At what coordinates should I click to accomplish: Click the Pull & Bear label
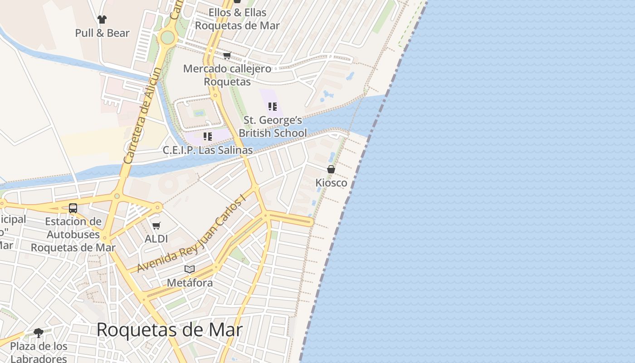point(102,33)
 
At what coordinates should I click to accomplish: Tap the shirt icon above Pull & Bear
point(102,20)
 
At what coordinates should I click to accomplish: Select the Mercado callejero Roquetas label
point(227,75)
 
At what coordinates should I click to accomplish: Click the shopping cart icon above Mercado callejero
point(227,56)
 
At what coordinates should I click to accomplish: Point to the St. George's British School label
point(273,127)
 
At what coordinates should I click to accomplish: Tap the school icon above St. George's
point(273,107)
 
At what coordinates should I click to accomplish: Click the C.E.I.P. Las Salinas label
point(208,150)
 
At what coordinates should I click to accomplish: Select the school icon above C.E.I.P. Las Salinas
point(208,136)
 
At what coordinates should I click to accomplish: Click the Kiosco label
point(331,183)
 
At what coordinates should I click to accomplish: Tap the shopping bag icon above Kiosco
point(331,169)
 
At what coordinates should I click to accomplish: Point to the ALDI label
point(156,239)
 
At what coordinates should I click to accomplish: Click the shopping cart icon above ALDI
point(156,226)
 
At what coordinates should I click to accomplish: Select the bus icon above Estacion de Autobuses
point(73,208)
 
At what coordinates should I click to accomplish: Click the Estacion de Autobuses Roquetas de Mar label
point(73,235)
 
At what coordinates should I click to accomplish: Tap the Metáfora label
point(190,283)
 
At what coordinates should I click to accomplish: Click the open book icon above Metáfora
point(190,269)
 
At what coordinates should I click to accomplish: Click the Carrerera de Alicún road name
point(142,116)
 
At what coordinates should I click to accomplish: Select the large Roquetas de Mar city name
point(169,330)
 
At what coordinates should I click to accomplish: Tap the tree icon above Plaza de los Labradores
point(39,333)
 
